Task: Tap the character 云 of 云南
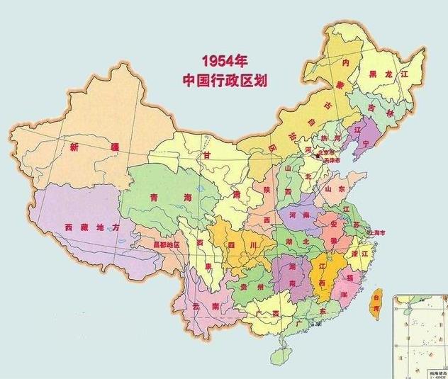coord(196,306)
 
